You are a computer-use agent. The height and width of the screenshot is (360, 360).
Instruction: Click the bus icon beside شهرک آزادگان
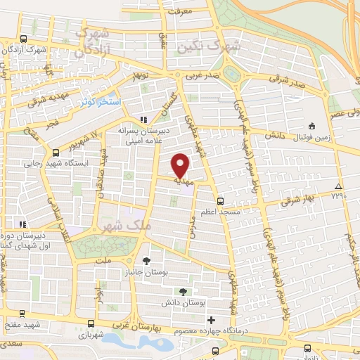point(25,39)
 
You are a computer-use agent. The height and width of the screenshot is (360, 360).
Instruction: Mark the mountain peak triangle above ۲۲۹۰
point(339,186)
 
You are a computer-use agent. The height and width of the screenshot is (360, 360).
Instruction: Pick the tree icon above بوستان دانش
point(182,290)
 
